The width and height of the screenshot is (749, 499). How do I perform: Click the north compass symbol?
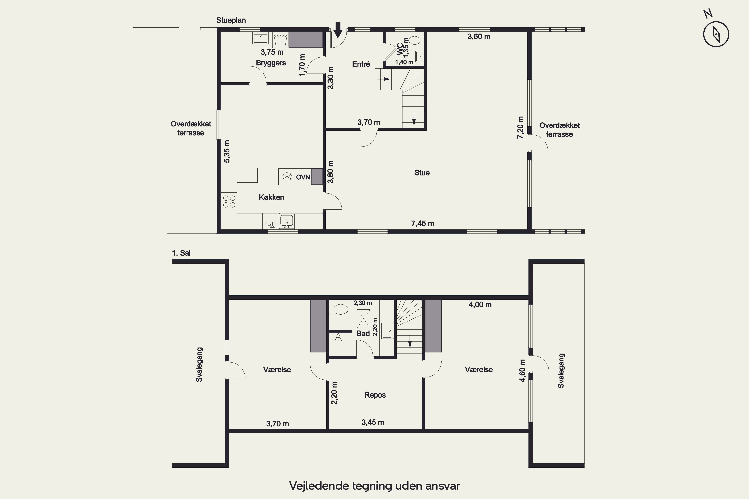(x=716, y=34)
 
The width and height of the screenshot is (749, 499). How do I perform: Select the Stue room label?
(x=422, y=173)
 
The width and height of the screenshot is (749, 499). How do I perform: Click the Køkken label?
(x=271, y=197)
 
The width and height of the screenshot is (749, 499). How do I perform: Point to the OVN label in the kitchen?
(x=303, y=177)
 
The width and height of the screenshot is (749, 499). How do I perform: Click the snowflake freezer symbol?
(x=287, y=177)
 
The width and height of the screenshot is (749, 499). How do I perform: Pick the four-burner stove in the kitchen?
(x=229, y=201)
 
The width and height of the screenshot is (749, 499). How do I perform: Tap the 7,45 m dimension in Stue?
(x=423, y=223)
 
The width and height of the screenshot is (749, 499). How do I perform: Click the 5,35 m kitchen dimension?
(x=227, y=151)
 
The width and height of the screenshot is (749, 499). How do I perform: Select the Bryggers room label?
(x=271, y=63)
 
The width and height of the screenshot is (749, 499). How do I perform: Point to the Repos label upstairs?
(x=375, y=395)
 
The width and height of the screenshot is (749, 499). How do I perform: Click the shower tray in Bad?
(x=363, y=318)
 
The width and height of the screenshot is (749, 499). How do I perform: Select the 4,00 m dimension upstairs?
(x=480, y=305)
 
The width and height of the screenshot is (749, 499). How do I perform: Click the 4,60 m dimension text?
(x=522, y=371)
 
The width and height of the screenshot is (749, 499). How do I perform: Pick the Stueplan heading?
(x=231, y=20)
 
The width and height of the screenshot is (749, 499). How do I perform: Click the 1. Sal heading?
(x=181, y=253)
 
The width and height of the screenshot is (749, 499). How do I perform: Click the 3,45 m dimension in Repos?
(x=373, y=422)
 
